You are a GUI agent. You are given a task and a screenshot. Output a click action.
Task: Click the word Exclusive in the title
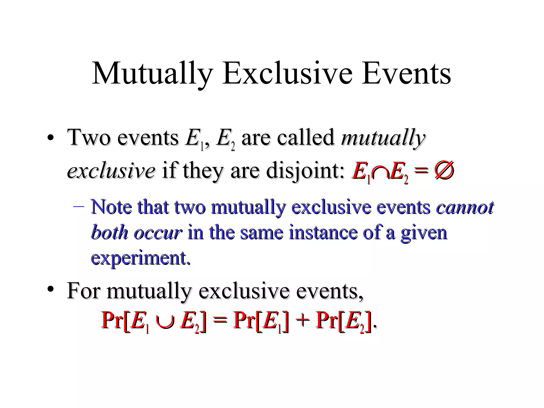pos(288,73)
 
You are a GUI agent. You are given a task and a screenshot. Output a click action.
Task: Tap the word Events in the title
pos(406,73)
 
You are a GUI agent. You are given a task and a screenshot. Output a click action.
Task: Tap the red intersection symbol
pos(381,173)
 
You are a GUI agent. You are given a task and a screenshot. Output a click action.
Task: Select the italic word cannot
pos(465,207)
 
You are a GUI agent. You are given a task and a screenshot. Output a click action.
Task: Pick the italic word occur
pos(158,232)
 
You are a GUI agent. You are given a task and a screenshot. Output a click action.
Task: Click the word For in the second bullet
pos(83,291)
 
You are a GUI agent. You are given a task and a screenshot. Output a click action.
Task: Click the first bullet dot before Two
pos(50,138)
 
